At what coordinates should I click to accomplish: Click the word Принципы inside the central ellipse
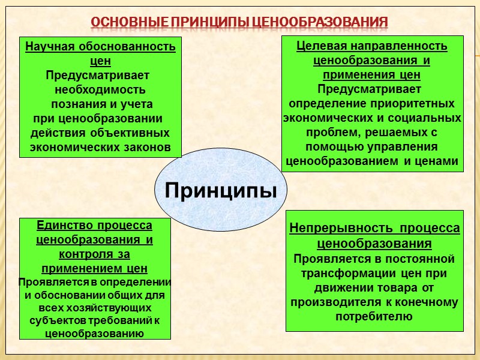click(221, 190)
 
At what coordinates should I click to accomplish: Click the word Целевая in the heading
click(321, 46)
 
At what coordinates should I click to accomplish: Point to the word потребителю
click(374, 316)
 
